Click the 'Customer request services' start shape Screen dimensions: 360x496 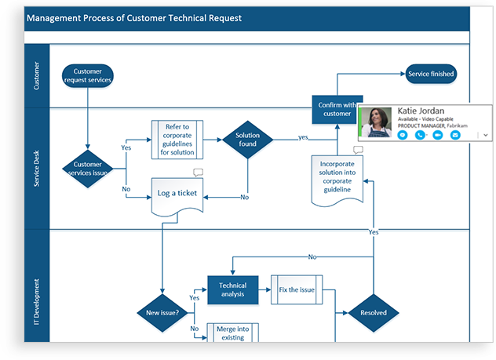pyautogui.click(x=88, y=75)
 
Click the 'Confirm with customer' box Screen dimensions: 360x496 pyautogui.click(x=337, y=109)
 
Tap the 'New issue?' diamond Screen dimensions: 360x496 pyautogui.click(x=161, y=313)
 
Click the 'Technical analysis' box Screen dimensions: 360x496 pyautogui.click(x=232, y=289)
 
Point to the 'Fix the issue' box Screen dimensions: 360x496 pyautogui.click(x=297, y=289)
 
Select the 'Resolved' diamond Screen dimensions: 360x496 pyautogui.click(x=374, y=313)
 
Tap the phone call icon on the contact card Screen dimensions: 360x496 pyautogui.click(x=420, y=135)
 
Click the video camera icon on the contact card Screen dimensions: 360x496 pyautogui.click(x=437, y=135)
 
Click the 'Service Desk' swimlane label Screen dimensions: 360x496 pyautogui.click(x=36, y=168)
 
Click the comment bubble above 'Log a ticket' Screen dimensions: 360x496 pyautogui.click(x=198, y=173)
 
